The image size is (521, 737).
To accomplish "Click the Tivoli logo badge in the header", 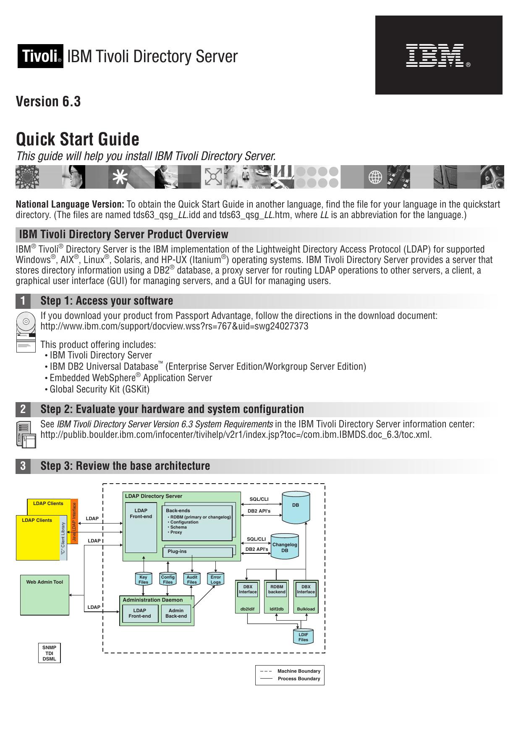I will pos(40,56).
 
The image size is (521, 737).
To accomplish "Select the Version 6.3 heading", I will pos(48,102).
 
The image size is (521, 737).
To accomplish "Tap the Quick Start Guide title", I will pos(78,139).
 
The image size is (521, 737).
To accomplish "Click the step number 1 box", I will pos(23,301).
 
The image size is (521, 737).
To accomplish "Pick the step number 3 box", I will pos(23,466).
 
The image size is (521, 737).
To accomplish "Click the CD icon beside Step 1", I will pos(26,322).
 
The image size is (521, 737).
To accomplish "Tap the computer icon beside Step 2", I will pos(26,434).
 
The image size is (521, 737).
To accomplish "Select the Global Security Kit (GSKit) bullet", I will pos(99,389).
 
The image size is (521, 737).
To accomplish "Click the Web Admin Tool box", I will pos(45,594).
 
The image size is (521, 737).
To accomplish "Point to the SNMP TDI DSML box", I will pos(49,653).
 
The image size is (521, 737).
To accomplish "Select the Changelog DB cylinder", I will pos(285,547).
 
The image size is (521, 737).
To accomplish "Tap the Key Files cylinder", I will pos(143,579).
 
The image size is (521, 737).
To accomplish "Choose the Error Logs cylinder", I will pos(216,579).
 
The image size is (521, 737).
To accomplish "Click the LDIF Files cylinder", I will pos(303,637).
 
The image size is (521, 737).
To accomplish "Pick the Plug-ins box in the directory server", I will pos(197,552).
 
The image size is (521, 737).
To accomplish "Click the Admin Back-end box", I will pos(176,613).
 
